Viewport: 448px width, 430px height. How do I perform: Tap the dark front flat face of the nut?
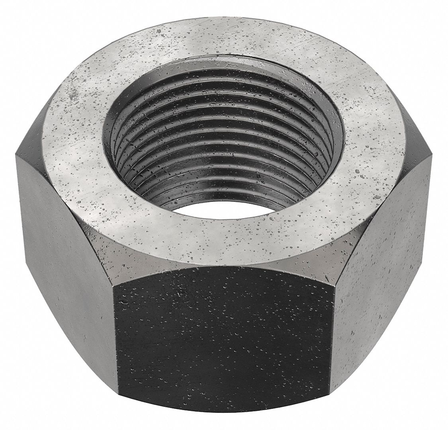click(x=223, y=342)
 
